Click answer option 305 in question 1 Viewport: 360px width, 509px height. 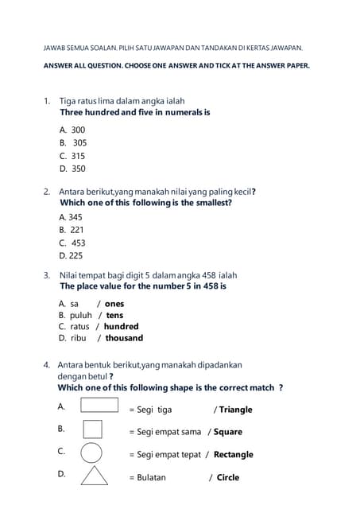[x=79, y=143]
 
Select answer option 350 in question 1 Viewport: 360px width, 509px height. [x=78, y=169]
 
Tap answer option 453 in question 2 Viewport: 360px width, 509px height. [x=78, y=243]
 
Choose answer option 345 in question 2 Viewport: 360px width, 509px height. [x=75, y=217]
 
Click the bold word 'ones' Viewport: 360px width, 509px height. [x=114, y=304]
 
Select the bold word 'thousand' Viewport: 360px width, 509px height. [x=124, y=338]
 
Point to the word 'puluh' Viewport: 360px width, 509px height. [x=81, y=315]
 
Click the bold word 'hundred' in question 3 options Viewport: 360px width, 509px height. [x=121, y=326]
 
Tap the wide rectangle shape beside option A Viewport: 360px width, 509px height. [x=99, y=406]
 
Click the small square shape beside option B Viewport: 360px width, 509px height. [x=92, y=429]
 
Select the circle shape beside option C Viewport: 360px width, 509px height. [x=92, y=453]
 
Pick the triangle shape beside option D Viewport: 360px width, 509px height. [x=95, y=476]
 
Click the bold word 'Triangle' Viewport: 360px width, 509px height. [x=235, y=410]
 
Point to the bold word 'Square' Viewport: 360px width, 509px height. [x=227, y=432]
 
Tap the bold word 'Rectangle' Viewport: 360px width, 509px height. [x=234, y=455]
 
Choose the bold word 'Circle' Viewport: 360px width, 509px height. [x=228, y=478]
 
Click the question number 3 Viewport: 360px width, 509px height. [x=46, y=275]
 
